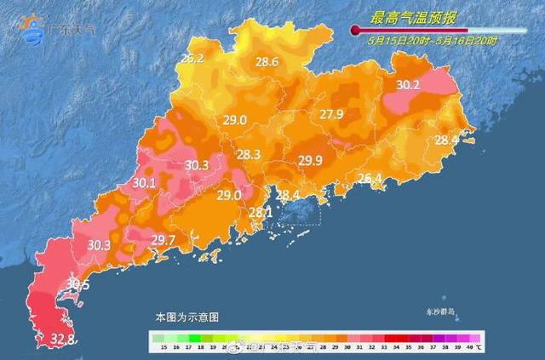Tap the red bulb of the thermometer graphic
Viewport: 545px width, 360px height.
tap(354, 31)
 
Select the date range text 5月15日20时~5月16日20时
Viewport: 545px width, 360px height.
tap(433, 40)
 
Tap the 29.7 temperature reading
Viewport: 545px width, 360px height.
tap(163, 240)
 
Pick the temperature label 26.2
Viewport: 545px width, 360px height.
tap(192, 59)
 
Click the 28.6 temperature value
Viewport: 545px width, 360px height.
tap(267, 61)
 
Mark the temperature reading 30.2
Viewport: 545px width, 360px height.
tap(408, 85)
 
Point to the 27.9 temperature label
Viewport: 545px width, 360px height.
tap(331, 115)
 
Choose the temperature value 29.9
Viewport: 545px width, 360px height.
tap(310, 160)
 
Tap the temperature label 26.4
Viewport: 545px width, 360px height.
tap(369, 179)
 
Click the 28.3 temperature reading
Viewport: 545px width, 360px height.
tap(249, 155)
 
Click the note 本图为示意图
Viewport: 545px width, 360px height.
tap(186, 316)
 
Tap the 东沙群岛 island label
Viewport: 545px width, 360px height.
tap(441, 312)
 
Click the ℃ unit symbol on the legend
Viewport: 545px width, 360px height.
tap(479, 347)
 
